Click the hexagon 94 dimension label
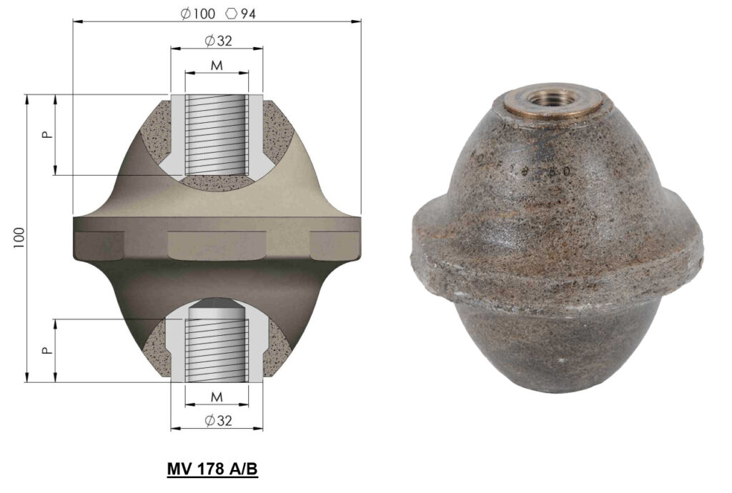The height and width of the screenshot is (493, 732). click(242, 12)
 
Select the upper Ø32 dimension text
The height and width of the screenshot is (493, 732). click(217, 41)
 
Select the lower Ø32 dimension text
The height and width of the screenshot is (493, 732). click(217, 421)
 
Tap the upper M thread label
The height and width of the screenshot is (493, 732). click(217, 66)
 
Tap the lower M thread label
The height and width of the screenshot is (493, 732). click(217, 397)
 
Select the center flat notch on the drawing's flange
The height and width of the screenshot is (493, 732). click(217, 245)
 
